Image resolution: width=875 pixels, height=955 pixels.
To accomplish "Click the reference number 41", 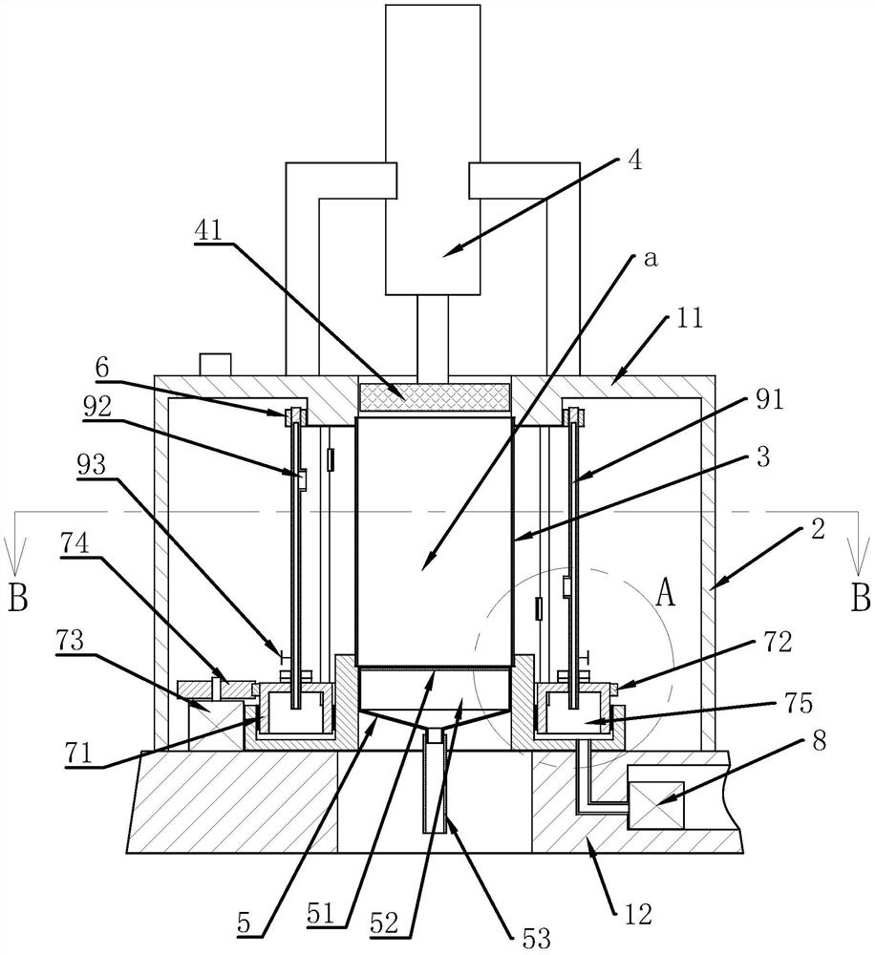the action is tap(208, 230).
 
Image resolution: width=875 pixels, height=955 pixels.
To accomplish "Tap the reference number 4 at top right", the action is tap(634, 161).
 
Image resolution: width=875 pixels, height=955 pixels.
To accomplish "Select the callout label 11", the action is tap(690, 318).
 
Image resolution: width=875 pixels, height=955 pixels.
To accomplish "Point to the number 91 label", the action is tap(769, 399).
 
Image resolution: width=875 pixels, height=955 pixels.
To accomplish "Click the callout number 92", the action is tap(98, 407).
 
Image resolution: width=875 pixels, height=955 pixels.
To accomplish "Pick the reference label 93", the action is tap(92, 465).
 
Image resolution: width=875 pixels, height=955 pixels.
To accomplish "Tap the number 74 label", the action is tap(75, 543).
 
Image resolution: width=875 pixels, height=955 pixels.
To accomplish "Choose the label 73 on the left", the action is tap(70, 642).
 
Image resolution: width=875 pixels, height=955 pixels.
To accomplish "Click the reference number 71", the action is tap(79, 753).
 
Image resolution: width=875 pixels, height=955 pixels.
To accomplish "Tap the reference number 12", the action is tap(639, 914).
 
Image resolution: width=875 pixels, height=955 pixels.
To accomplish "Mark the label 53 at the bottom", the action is tap(537, 938).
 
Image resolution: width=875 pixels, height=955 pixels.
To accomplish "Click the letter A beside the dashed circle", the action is tap(666, 593).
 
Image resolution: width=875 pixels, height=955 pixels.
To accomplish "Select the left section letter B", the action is tap(18, 598).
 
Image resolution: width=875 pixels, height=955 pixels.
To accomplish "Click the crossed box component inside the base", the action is tap(655, 805).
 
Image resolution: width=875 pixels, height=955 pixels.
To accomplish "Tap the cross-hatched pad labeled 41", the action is tap(434, 397).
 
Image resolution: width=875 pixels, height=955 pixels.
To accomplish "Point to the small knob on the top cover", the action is tap(216, 364).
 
